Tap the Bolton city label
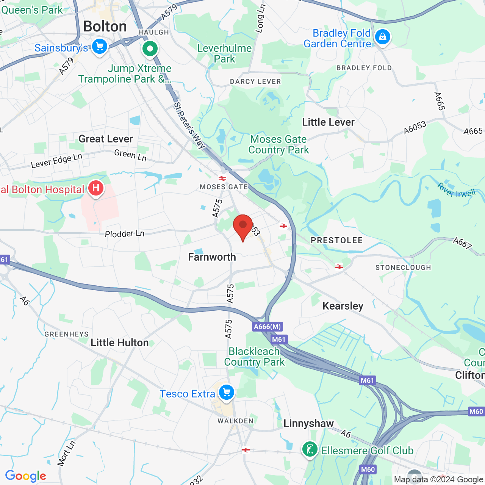coord(105,27)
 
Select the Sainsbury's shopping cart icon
coord(100,47)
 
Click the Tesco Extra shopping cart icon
coord(227,393)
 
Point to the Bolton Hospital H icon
coord(95,188)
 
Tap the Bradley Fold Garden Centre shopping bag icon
coord(382,37)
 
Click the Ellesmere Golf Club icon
coord(310,450)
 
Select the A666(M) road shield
coord(268,327)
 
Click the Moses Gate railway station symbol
coord(222,178)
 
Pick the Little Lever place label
coord(328,122)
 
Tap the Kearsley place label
coord(343,306)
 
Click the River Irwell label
coord(456,190)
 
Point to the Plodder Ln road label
coord(125,233)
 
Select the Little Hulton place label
coord(120,343)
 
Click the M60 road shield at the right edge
coord(476,411)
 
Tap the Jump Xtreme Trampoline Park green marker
coord(150,49)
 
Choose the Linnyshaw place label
coord(308,423)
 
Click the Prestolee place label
coord(336,241)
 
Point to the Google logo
coord(26,476)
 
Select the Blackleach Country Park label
coord(254,357)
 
